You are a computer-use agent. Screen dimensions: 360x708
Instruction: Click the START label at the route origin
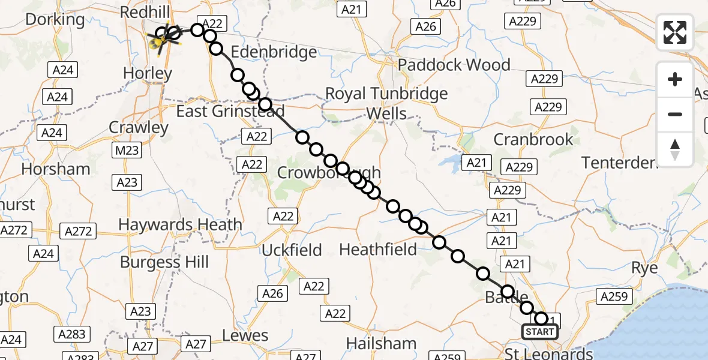click(539, 332)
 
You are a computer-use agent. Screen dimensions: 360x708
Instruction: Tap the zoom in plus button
click(675, 79)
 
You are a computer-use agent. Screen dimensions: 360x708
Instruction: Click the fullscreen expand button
click(675, 32)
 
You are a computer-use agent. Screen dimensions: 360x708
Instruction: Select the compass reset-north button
click(675, 149)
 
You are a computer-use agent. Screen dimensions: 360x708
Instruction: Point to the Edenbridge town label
click(274, 52)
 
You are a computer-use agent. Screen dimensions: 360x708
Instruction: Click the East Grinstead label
click(230, 111)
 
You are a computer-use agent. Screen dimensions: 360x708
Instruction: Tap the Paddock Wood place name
click(455, 65)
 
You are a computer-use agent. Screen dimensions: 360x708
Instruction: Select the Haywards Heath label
click(180, 225)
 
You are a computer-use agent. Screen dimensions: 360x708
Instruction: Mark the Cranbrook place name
click(533, 139)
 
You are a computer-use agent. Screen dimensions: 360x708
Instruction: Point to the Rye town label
click(645, 268)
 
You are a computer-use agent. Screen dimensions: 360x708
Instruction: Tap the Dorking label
click(55, 19)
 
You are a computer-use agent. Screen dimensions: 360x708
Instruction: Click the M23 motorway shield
click(127, 151)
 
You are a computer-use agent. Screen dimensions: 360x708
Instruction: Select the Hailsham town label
click(382, 344)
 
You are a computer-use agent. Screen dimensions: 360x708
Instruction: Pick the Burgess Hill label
click(164, 262)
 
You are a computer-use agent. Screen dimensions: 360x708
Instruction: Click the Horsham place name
click(56, 169)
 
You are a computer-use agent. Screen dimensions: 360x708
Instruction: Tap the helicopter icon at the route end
click(160, 41)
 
